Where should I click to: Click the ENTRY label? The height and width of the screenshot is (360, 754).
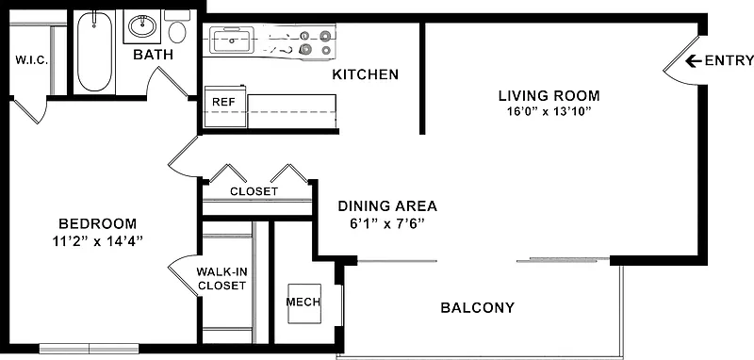(729, 60)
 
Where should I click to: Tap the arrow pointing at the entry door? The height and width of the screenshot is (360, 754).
(693, 60)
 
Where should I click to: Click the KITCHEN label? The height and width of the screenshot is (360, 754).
(366, 74)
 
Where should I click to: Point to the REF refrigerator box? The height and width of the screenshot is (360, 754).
(225, 106)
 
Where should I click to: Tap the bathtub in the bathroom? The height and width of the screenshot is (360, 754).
(95, 52)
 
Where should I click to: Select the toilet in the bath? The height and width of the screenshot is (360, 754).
(177, 27)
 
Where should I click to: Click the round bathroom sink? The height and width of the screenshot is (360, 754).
(142, 25)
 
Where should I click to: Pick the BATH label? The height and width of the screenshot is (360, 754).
(153, 55)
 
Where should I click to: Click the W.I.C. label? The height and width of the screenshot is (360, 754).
(32, 60)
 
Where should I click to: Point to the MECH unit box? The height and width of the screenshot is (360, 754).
(304, 303)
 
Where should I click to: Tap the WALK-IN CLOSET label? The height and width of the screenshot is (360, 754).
(222, 279)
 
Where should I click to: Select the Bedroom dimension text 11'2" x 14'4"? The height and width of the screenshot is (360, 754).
(98, 241)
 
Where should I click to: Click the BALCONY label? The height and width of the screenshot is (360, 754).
(478, 307)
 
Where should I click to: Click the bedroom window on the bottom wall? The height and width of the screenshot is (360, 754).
(89, 349)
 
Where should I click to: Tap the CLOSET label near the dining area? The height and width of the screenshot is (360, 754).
(254, 191)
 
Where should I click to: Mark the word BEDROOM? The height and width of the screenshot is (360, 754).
(98, 224)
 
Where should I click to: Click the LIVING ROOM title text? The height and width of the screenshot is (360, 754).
(549, 95)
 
